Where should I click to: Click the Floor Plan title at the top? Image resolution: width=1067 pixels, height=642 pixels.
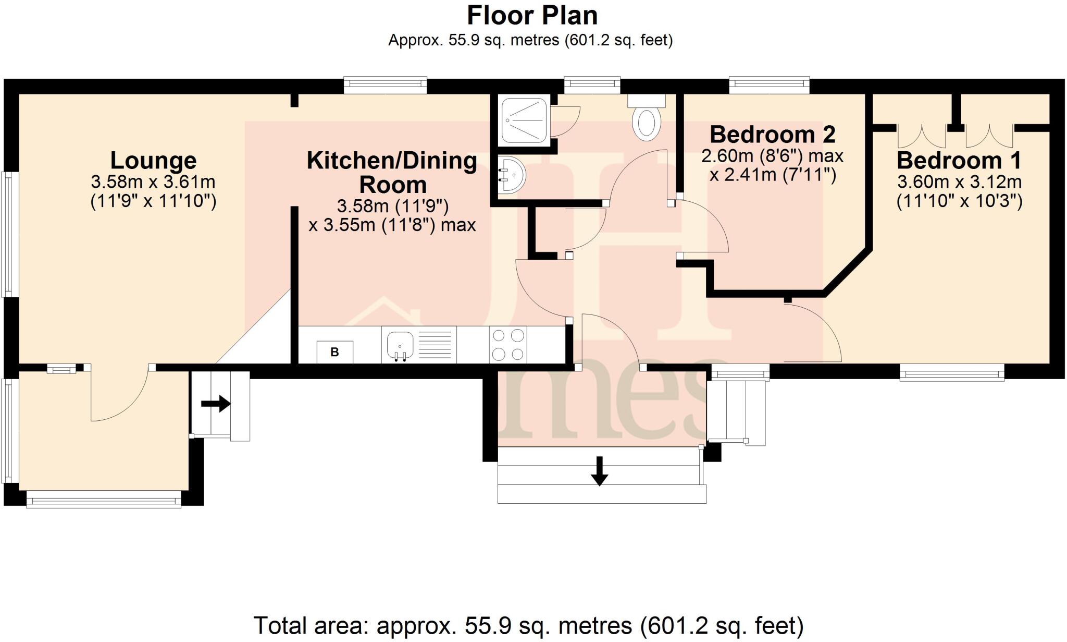pyautogui.click(x=532, y=16)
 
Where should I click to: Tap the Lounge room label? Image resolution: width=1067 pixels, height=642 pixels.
pyautogui.click(x=153, y=160)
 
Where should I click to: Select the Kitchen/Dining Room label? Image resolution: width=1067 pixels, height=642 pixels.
pyautogui.click(x=392, y=172)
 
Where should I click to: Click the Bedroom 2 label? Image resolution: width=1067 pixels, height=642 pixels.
pyautogui.click(x=773, y=135)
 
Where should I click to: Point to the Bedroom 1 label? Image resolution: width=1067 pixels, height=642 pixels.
pyautogui.click(x=959, y=160)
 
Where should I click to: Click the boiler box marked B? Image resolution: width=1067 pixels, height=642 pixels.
pyautogui.click(x=334, y=352)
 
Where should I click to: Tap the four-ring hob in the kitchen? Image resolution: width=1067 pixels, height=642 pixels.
pyautogui.click(x=508, y=344)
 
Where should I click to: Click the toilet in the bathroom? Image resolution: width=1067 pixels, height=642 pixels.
pyautogui.click(x=647, y=121)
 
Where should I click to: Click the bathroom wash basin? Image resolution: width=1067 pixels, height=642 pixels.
pyautogui.click(x=511, y=175)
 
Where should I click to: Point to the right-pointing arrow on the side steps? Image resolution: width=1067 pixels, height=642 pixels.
pyautogui.click(x=216, y=403)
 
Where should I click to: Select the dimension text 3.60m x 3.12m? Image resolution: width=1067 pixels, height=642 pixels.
pyautogui.click(x=959, y=182)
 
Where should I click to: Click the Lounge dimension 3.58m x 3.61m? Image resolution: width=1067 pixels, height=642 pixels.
pyautogui.click(x=153, y=182)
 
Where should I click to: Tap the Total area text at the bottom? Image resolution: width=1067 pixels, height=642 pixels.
pyautogui.click(x=528, y=625)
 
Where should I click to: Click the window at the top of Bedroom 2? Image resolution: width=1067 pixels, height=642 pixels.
pyautogui.click(x=769, y=85)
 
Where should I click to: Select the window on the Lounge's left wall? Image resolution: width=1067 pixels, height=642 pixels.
pyautogui.click(x=9, y=235)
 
